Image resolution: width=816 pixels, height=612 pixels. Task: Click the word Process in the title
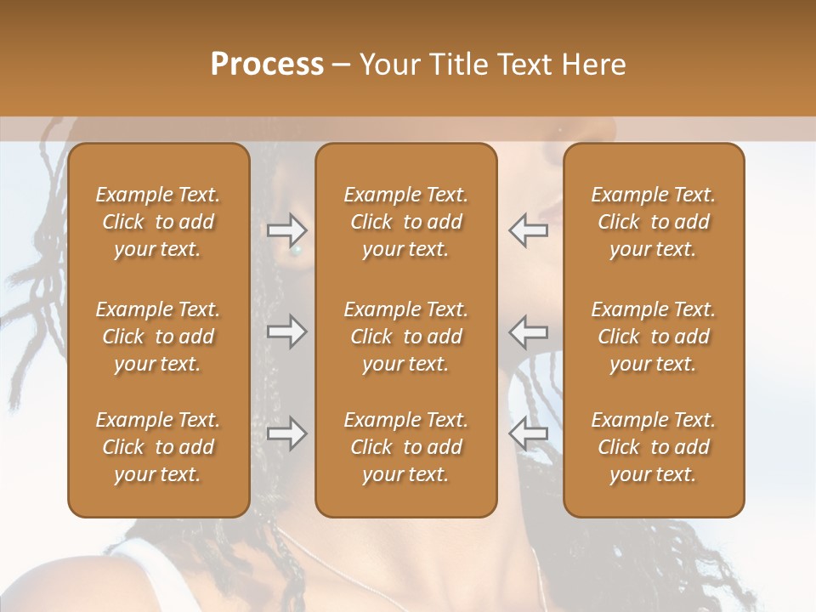[x=267, y=65]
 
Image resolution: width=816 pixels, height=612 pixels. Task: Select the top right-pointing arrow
[x=287, y=229]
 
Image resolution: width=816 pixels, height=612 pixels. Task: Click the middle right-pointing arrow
[x=287, y=331]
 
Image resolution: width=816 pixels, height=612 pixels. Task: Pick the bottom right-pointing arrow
[x=287, y=433]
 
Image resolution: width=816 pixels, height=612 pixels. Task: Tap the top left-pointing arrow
[x=528, y=229]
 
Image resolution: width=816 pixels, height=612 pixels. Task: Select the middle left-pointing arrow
[x=528, y=331]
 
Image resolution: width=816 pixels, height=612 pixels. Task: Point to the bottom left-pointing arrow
[x=528, y=433]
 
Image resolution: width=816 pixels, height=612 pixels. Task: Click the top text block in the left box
[x=158, y=222]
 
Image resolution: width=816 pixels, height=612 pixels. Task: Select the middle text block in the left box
[x=158, y=337]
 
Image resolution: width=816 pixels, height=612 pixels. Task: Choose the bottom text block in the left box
[x=158, y=447]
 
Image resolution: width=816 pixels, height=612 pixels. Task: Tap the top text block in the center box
[x=405, y=222]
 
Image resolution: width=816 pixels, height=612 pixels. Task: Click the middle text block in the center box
[x=405, y=337]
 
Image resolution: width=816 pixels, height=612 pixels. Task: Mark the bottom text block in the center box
[x=405, y=447]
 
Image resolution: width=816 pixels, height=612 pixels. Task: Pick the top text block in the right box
[x=653, y=222]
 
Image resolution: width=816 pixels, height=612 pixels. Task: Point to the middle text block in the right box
[x=653, y=337]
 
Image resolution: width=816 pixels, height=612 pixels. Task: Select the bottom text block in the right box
[x=653, y=447]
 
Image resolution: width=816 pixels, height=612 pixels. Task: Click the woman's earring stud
[x=297, y=251]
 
